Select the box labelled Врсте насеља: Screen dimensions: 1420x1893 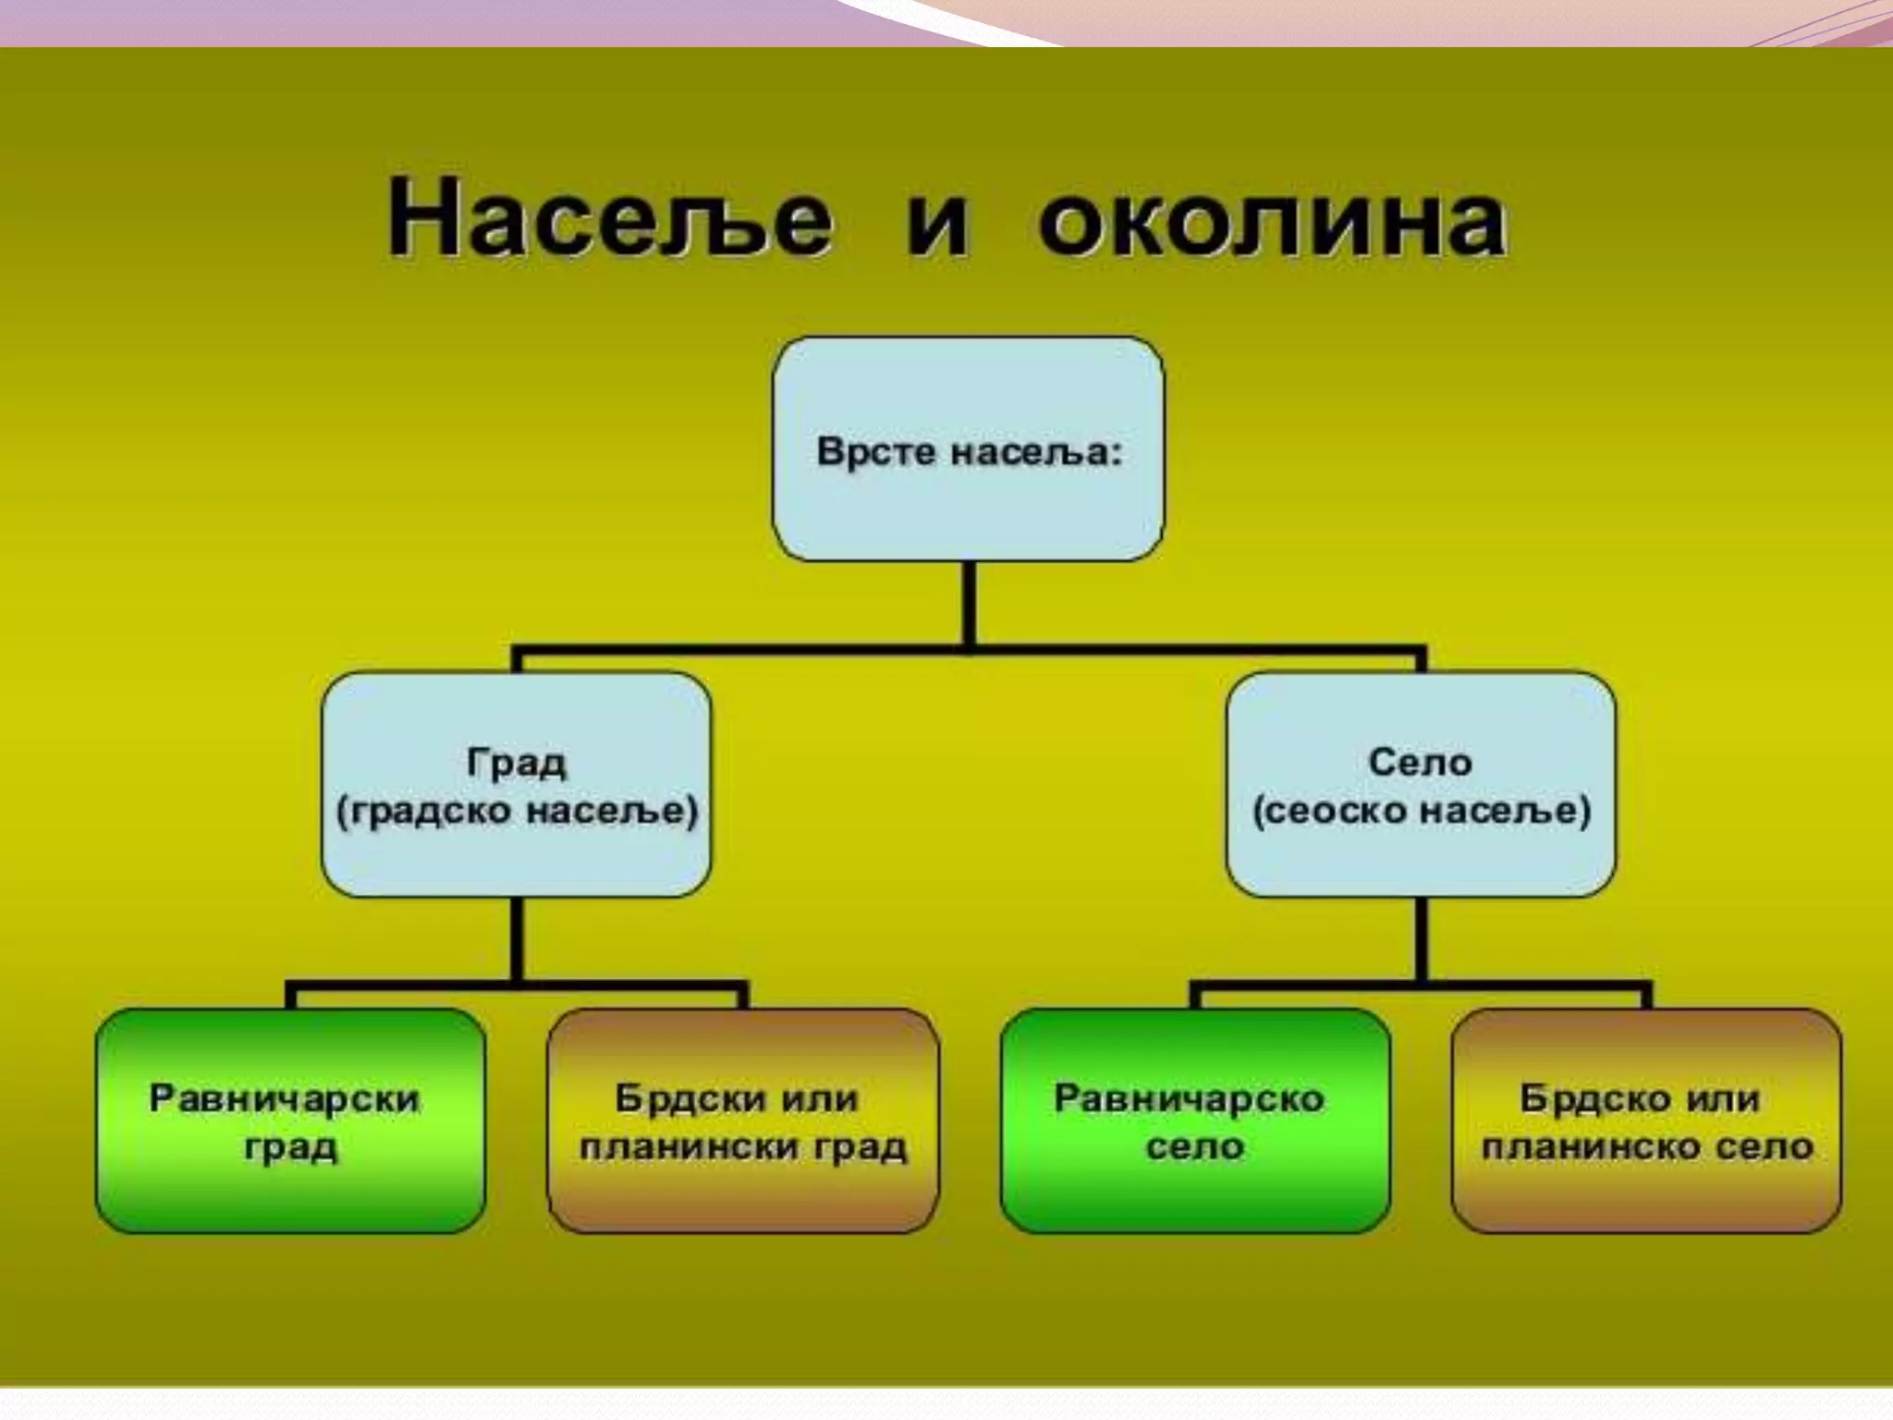pyautogui.click(x=968, y=449)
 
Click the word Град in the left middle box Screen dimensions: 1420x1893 pyautogui.click(x=516, y=764)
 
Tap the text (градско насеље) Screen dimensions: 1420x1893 pyautogui.click(x=517, y=812)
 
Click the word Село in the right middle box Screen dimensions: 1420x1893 pyautogui.click(x=1420, y=763)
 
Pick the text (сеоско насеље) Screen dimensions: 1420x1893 pyautogui.click(x=1421, y=812)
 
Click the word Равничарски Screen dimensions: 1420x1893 pyautogui.click(x=285, y=1099)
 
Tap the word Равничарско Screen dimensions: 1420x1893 pyautogui.click(x=1189, y=1099)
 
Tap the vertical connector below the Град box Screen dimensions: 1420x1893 pyautogui.click(x=517, y=939)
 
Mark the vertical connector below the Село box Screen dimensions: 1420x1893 pyautogui.click(x=1420, y=939)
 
